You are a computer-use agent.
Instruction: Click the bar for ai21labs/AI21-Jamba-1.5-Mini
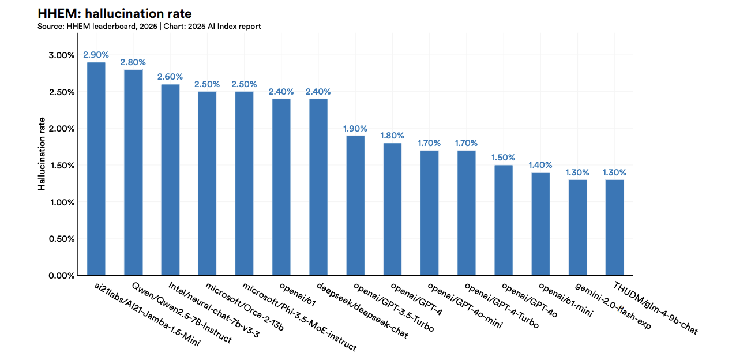coord(96,168)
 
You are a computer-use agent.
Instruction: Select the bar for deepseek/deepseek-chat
coord(318,187)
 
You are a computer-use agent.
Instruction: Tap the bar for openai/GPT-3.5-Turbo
coord(355,205)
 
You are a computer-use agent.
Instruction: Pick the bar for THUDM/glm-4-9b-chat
coord(614,227)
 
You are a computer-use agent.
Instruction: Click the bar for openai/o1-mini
coord(540,224)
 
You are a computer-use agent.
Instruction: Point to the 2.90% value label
coord(96,55)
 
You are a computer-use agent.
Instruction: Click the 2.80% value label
coord(133,62)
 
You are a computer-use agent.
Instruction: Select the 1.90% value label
coord(355,129)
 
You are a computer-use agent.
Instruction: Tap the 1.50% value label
coord(504,157)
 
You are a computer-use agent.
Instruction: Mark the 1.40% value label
coord(540,165)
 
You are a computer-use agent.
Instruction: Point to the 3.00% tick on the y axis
coord(61,55)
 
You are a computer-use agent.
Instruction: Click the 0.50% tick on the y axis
coord(61,239)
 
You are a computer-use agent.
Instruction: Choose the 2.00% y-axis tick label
coord(61,129)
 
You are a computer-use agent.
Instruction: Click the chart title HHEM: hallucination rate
coord(114,13)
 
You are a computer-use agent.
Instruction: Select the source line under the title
coord(149,27)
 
